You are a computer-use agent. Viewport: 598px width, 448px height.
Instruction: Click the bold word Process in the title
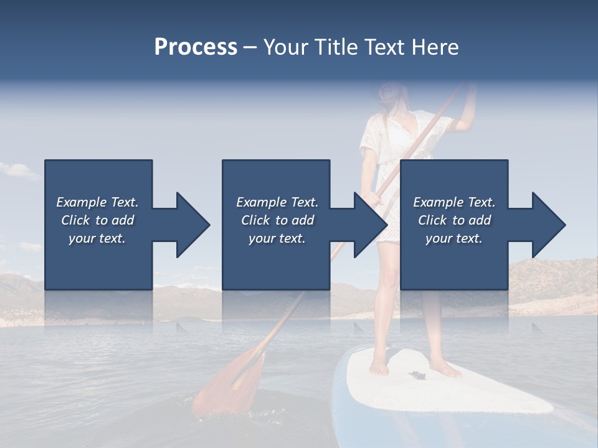tap(196, 47)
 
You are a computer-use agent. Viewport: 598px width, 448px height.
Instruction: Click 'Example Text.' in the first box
tap(97, 202)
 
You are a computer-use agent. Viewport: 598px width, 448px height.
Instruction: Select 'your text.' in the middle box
tap(277, 238)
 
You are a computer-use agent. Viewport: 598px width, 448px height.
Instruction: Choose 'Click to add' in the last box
tap(454, 220)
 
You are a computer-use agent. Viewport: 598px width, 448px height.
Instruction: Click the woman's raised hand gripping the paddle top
tap(468, 93)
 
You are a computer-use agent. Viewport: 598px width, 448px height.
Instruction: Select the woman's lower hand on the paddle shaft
tap(373, 198)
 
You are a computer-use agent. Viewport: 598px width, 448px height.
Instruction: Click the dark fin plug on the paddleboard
tap(416, 375)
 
